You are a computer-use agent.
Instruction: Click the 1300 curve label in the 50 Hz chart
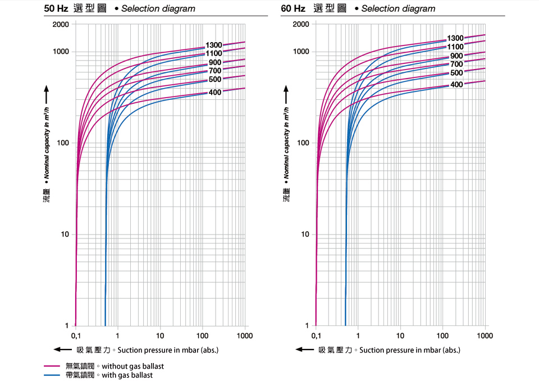point(214,45)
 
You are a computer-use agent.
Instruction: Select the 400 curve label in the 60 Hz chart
point(456,85)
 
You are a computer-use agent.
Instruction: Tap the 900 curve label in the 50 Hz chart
point(215,62)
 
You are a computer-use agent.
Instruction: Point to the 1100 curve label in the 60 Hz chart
point(455,47)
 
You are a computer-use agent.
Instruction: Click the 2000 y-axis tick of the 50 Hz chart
point(61,25)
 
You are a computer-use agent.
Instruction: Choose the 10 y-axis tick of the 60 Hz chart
point(303,234)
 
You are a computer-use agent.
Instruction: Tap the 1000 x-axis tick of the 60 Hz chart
point(485,336)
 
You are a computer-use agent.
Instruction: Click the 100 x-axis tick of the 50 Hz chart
point(202,336)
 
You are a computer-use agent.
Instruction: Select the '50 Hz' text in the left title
point(56,8)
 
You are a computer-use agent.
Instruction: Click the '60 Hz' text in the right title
point(293,8)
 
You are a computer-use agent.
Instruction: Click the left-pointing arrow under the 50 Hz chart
point(61,350)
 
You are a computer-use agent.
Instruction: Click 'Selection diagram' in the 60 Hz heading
point(398,8)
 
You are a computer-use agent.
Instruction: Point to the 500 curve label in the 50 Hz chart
point(215,79)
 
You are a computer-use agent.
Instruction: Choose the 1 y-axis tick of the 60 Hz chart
point(307,325)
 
